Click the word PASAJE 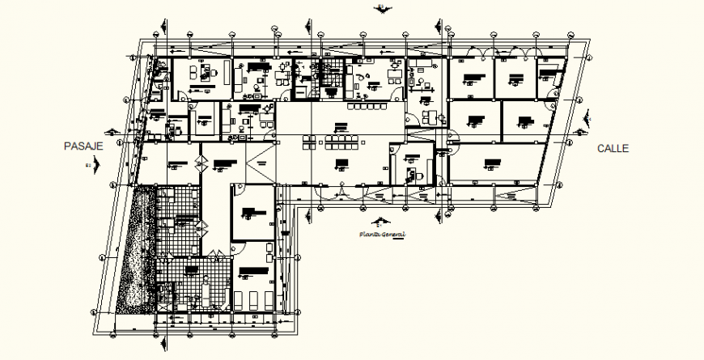click(x=84, y=147)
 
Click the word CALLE click(x=613, y=148)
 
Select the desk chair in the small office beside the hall click(x=410, y=172)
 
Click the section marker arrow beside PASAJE click(x=96, y=166)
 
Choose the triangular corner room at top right click(x=550, y=78)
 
